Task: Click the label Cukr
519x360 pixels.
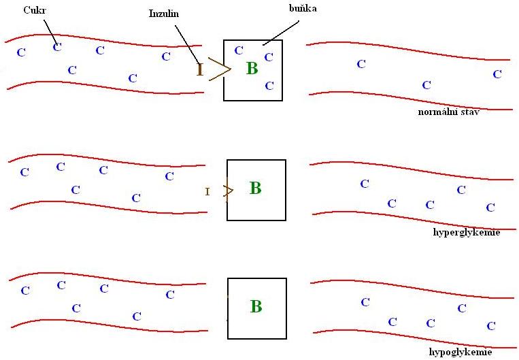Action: [33, 10]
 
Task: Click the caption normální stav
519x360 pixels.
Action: [449, 112]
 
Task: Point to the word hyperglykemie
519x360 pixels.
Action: [466, 232]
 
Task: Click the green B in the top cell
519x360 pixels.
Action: [252, 68]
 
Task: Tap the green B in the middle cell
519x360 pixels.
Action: [255, 189]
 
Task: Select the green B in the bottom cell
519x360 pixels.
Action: [256, 307]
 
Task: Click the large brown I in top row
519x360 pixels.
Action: [200, 69]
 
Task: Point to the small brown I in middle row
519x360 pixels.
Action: [207, 192]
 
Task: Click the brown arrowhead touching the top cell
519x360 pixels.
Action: [220, 69]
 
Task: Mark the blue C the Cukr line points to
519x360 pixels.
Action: [57, 46]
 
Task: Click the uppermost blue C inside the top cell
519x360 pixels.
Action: [239, 50]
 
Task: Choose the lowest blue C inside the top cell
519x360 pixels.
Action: [269, 86]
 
